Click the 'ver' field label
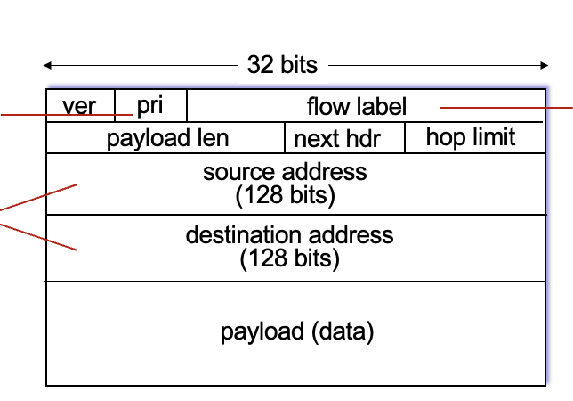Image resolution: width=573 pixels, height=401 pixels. tap(79, 107)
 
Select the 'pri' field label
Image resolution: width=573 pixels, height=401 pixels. tap(149, 105)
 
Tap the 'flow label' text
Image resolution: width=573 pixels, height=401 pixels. tap(356, 107)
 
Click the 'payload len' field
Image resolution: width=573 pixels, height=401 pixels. tap(167, 138)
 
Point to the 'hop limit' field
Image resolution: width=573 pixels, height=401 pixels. tap(471, 137)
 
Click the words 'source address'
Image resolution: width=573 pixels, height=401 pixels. tap(285, 171)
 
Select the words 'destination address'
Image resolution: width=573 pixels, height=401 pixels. tap(289, 235)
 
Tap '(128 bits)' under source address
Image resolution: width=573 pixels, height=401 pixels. tap(285, 195)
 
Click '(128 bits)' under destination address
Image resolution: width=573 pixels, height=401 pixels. tap(289, 259)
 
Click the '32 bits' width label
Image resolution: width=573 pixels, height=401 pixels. tap(282, 65)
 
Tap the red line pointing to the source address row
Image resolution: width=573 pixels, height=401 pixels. tap(40, 198)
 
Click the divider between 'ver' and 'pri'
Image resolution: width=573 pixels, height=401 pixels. tap(115, 105)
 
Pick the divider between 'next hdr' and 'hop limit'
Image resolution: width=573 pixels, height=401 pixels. tap(405, 138)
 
